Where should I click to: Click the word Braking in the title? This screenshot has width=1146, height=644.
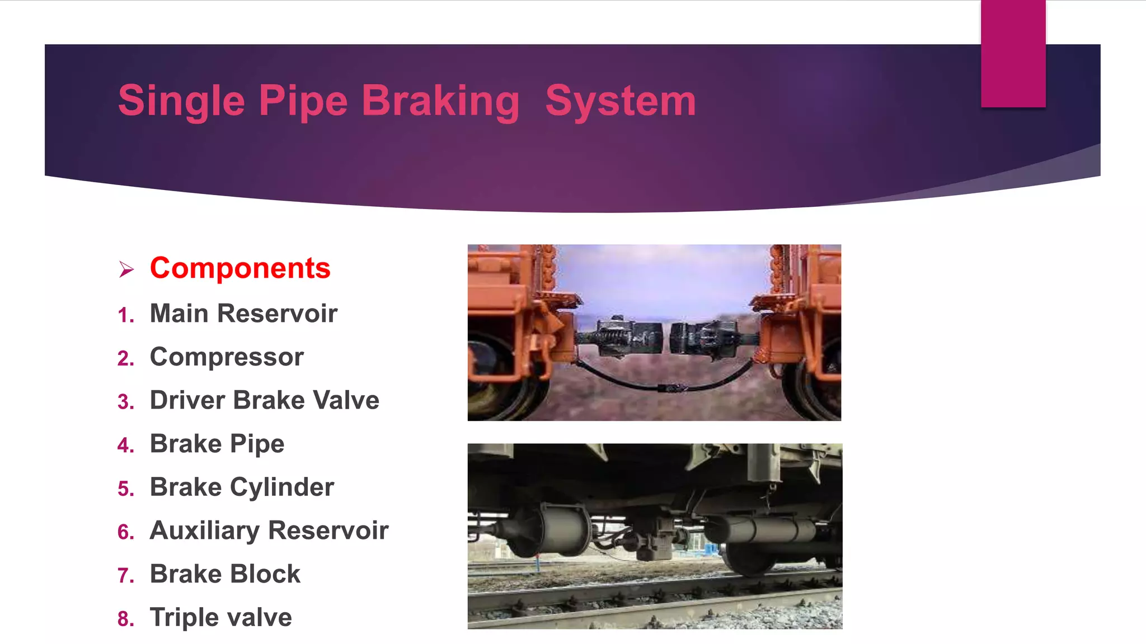pyautogui.click(x=440, y=101)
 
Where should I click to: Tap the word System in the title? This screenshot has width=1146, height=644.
pyautogui.click(x=621, y=101)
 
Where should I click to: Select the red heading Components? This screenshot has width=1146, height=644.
pyautogui.click(x=240, y=268)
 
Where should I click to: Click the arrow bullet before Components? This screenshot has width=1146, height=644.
pyautogui.click(x=126, y=269)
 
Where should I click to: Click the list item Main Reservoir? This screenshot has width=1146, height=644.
pyautogui.click(x=243, y=313)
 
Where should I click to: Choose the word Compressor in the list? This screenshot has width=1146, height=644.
pyautogui.click(x=227, y=357)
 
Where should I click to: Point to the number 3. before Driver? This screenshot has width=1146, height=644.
pyautogui.click(x=126, y=402)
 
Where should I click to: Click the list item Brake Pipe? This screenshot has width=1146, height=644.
pyautogui.click(x=217, y=444)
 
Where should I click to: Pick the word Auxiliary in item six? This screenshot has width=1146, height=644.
pyautogui.click(x=204, y=531)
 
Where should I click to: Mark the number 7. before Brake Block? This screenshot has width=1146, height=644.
pyautogui.click(x=126, y=576)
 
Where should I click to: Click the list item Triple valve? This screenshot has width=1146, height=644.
pyautogui.click(x=220, y=618)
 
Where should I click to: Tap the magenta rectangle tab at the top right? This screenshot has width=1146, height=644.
pyautogui.click(x=1013, y=53)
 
